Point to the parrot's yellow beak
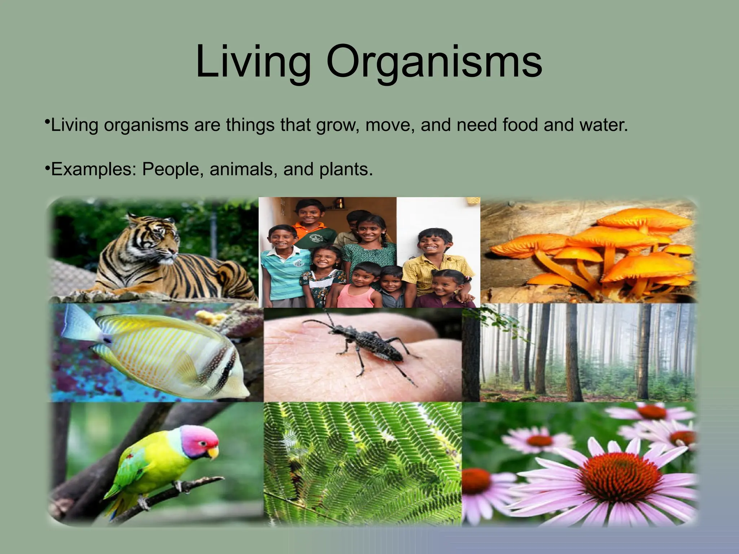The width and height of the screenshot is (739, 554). click(x=214, y=452)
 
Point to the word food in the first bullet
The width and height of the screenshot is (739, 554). click(x=521, y=125)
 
